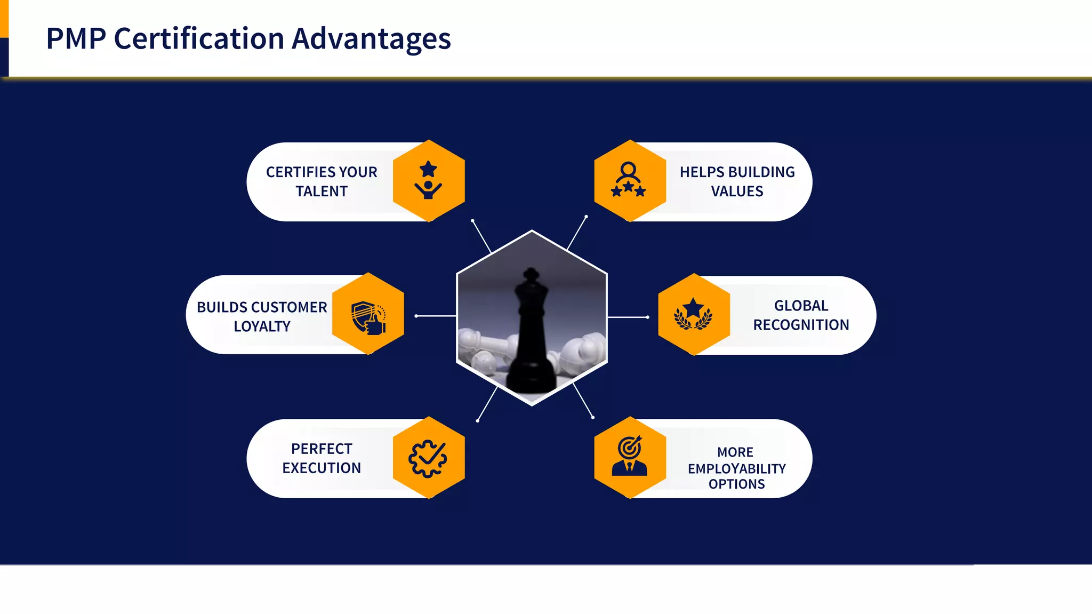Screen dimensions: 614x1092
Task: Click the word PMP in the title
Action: [x=76, y=39]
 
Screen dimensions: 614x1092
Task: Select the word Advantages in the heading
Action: [x=371, y=39]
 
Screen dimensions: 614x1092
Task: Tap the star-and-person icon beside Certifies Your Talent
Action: [x=428, y=181]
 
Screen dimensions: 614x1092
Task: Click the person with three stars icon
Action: [x=629, y=180]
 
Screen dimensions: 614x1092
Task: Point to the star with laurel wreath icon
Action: [x=693, y=314]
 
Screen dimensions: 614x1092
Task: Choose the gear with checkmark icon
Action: [x=428, y=458]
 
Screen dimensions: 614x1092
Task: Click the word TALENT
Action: [x=322, y=191]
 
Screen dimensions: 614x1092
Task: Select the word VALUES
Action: [x=737, y=191]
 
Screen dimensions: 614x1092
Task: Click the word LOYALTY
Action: [x=262, y=326]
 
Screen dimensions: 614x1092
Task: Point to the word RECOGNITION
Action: [x=801, y=325]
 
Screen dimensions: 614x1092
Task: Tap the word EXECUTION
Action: [x=322, y=468]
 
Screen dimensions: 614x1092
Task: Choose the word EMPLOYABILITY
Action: [x=736, y=468]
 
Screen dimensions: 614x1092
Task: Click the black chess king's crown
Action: [x=531, y=278]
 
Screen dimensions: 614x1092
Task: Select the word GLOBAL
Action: [x=801, y=306]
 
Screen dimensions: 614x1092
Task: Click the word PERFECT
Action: [x=322, y=449]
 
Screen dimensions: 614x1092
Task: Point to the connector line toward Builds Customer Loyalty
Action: [x=436, y=316]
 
